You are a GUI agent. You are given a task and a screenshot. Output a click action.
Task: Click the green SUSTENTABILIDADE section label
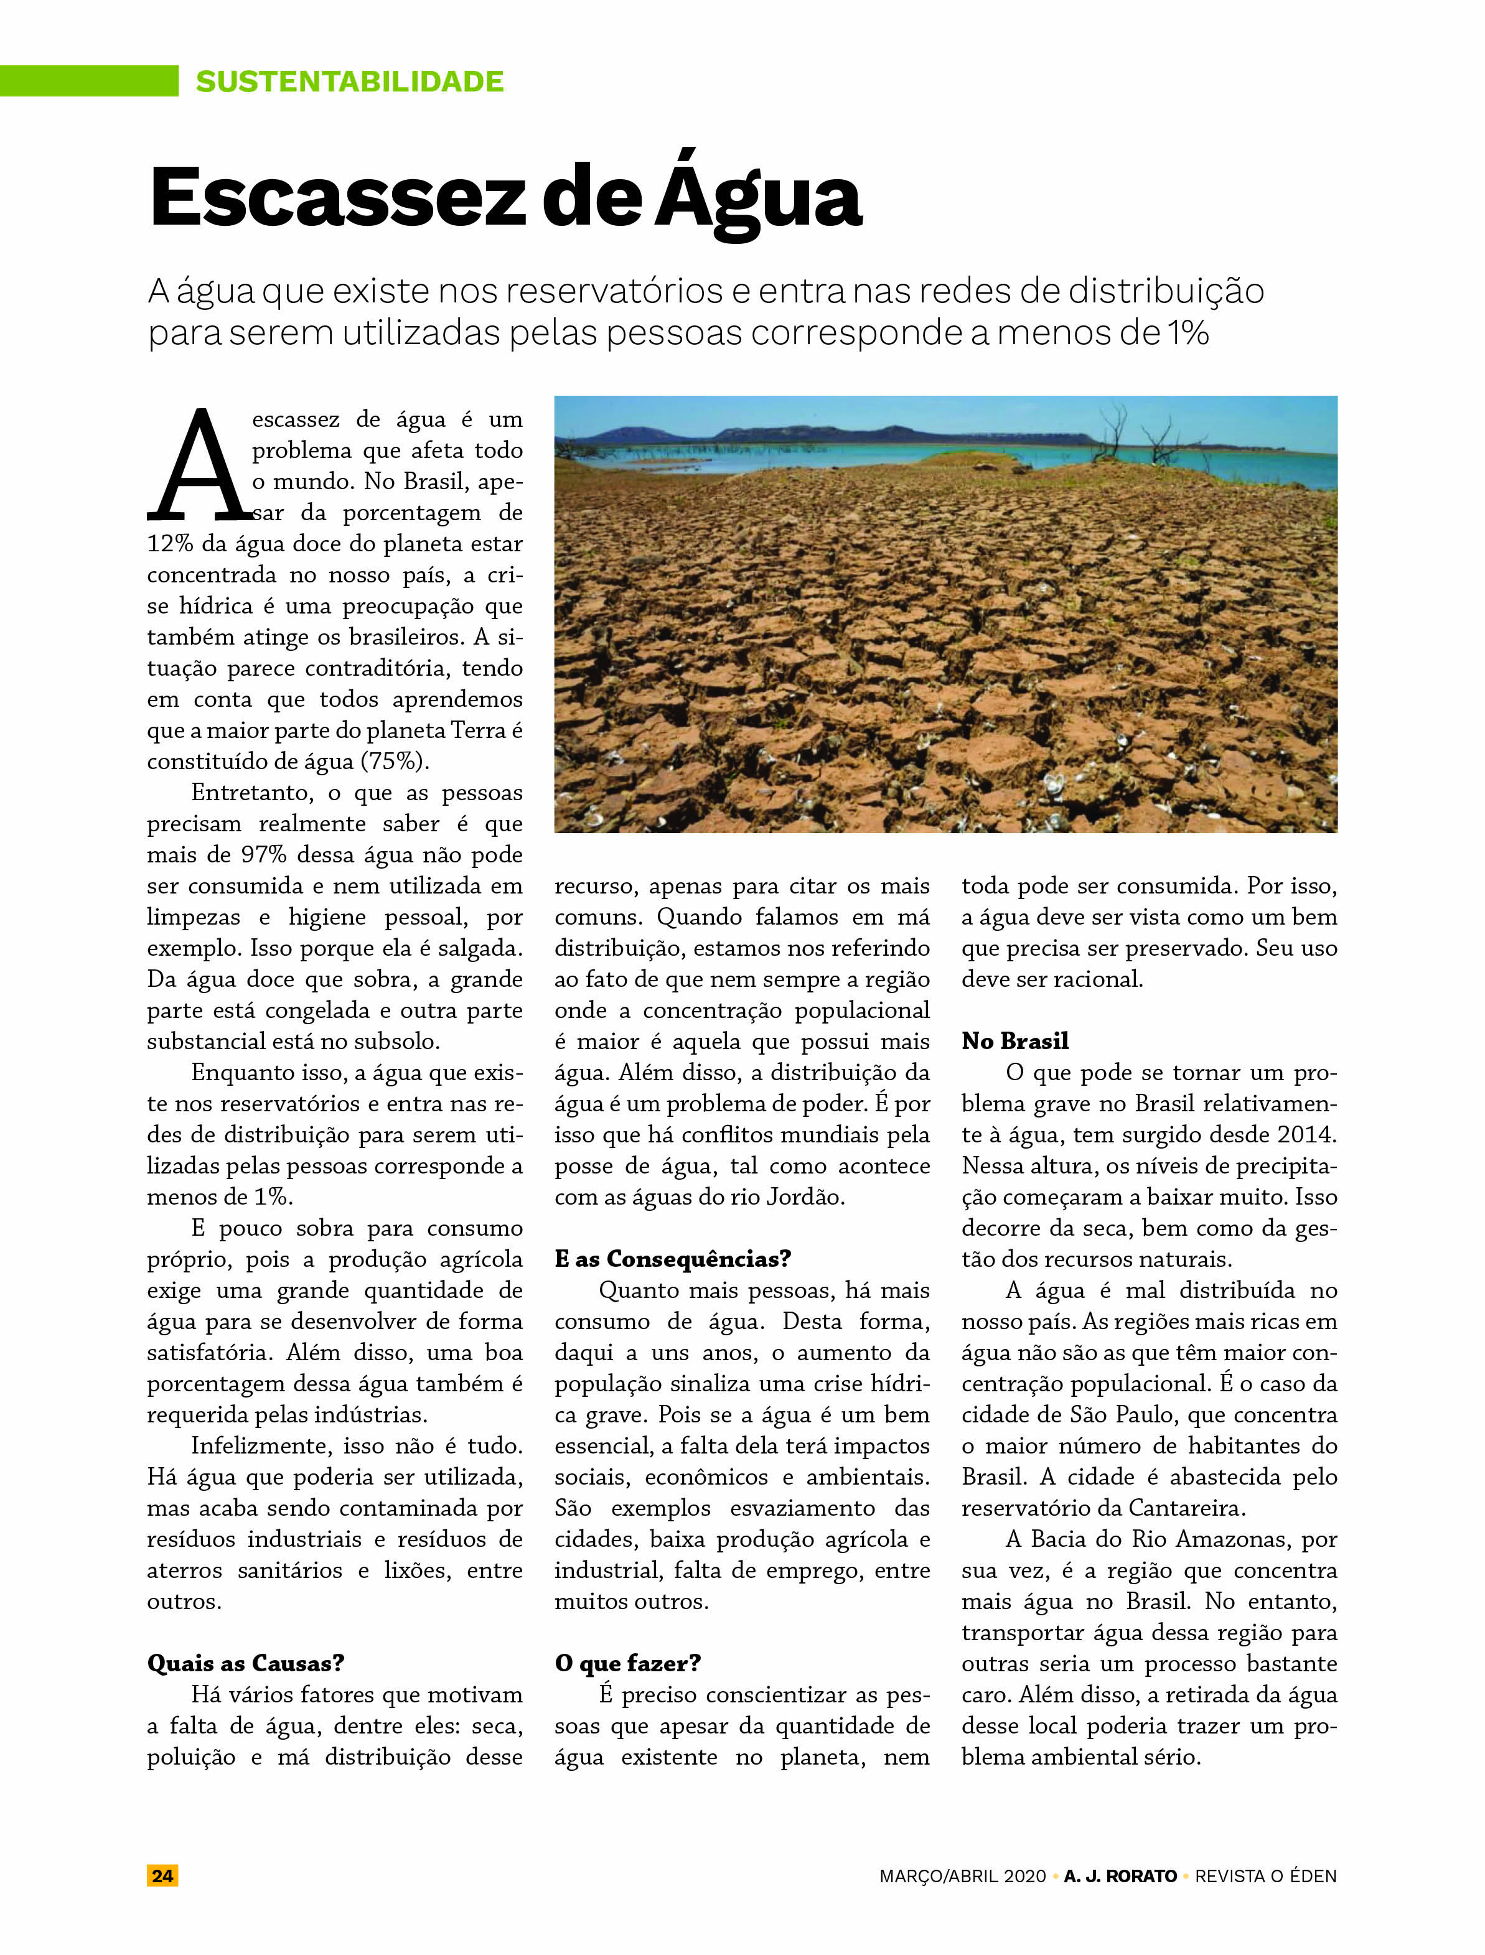coord(349,82)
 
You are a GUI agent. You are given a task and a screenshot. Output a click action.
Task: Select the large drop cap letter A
coord(199,466)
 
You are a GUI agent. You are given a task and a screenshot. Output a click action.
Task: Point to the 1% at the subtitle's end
coord(1187,334)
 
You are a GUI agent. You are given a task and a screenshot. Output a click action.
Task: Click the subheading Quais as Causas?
coord(245,1663)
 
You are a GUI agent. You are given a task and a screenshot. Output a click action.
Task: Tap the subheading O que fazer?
coord(627,1663)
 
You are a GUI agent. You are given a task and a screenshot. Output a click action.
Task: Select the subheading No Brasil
coord(1014,1041)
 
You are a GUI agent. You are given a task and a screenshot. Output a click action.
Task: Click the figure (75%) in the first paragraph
coord(394,762)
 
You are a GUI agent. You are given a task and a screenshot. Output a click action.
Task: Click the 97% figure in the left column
coord(263,856)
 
